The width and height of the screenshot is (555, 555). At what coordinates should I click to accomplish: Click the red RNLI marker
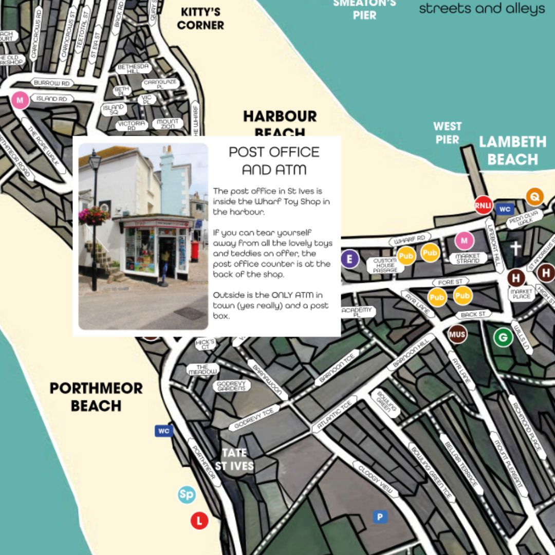(483, 205)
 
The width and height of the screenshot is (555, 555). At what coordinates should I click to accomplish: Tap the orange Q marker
(534, 196)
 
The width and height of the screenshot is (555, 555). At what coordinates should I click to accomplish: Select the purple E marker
(349, 258)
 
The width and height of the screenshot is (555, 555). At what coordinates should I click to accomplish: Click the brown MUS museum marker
(457, 335)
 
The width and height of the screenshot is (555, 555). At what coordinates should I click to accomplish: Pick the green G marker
(503, 338)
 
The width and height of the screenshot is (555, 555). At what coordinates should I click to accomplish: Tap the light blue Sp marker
(187, 495)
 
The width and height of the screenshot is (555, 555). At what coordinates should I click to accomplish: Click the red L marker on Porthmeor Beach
(199, 521)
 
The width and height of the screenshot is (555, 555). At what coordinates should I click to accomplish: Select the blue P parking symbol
(380, 517)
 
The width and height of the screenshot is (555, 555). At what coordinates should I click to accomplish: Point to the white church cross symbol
(515, 248)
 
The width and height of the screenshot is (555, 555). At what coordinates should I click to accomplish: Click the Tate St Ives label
(234, 459)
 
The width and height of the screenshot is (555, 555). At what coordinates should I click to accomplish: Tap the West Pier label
(447, 133)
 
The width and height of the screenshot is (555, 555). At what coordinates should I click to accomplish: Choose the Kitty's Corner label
(200, 18)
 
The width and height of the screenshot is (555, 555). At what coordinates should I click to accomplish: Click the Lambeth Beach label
(512, 150)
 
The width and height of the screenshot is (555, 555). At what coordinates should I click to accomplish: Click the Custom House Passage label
(385, 265)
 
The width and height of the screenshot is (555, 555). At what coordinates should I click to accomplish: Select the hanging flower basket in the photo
(94, 215)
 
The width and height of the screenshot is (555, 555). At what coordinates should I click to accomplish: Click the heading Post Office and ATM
(274, 160)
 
